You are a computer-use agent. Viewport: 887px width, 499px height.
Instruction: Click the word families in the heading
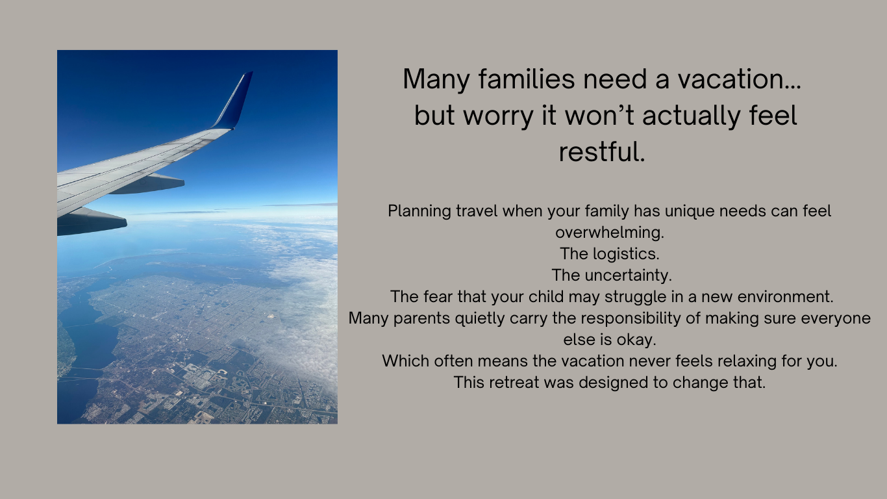tap(527, 79)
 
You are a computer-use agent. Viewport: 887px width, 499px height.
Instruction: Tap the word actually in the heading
tap(692, 116)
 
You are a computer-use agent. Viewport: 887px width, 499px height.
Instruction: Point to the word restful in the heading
tap(602, 152)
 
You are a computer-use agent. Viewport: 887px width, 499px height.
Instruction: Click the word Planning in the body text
tap(419, 212)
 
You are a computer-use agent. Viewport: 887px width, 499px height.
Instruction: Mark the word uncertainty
tap(629, 275)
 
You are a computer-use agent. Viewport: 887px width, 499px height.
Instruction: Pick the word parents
tap(421, 318)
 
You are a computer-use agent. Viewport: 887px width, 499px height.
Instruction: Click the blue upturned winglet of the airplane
tap(234, 101)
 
